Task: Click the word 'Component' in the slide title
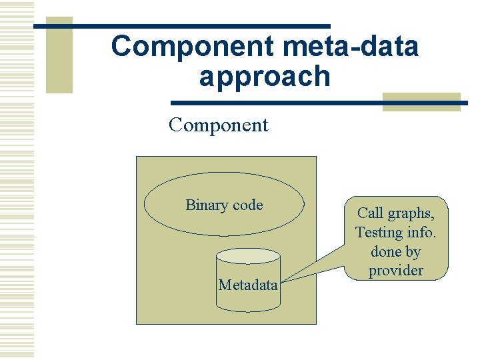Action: pyautogui.click(x=193, y=47)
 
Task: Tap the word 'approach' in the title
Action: pyautogui.click(x=265, y=77)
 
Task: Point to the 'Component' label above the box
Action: pyautogui.click(x=219, y=125)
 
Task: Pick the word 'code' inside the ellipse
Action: pyautogui.click(x=247, y=205)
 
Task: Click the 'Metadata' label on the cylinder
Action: pyautogui.click(x=248, y=285)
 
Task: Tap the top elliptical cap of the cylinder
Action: pyautogui.click(x=248, y=255)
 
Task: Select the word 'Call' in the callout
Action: pyautogui.click(x=371, y=213)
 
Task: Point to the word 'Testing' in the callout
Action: pyautogui.click(x=379, y=233)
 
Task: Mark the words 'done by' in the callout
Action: pyautogui.click(x=396, y=251)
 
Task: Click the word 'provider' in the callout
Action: pyautogui.click(x=396, y=271)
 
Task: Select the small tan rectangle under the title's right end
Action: pyautogui.click(x=421, y=101)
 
